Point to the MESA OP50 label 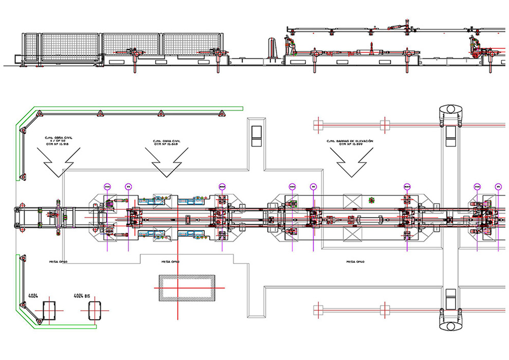point(170,262)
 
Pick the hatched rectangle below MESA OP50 point(186,290)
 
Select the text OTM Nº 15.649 point(165,145)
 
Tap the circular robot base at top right point(450,111)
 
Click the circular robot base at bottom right point(450,326)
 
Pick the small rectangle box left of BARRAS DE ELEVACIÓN point(256,135)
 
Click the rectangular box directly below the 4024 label point(50,310)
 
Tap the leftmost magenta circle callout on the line point(107,186)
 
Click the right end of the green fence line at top point(242,108)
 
